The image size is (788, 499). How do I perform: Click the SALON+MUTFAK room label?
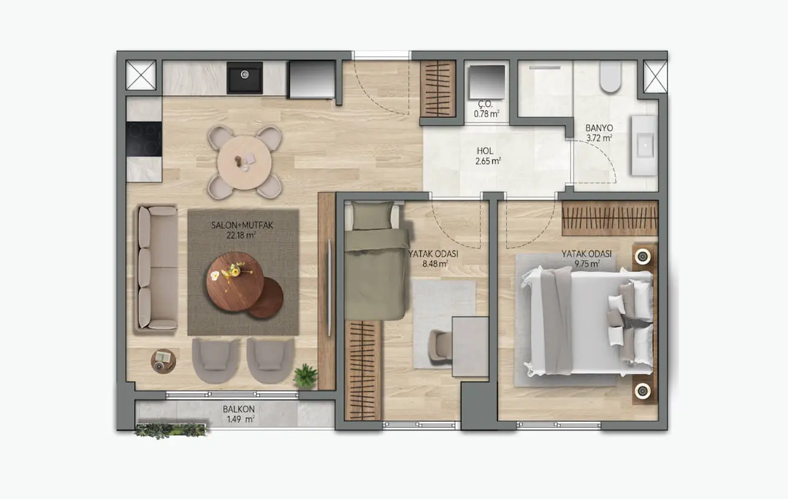click(242, 225)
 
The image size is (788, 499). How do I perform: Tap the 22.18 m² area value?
click(242, 234)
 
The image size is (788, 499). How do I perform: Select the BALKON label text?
click(238, 409)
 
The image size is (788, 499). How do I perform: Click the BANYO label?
click(599, 128)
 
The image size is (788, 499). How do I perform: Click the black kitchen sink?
click(244, 78)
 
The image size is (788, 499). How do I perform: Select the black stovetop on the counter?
click(144, 139)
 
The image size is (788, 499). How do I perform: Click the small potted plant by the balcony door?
click(305, 376)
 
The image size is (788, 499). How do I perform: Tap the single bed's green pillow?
click(372, 216)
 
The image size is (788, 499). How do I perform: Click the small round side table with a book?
click(163, 361)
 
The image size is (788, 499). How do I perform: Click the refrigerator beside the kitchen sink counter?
click(312, 79)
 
